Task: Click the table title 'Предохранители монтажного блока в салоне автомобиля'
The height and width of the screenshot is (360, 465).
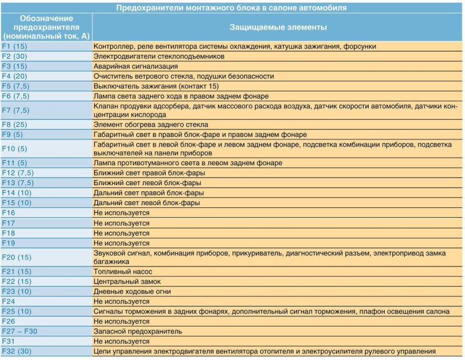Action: [232, 7]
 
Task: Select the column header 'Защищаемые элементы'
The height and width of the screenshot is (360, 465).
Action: [278, 27]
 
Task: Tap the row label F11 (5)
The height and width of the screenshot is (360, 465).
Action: [14, 163]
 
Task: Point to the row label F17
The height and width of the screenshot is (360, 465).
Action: [8, 223]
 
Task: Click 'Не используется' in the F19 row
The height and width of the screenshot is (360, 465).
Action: [122, 243]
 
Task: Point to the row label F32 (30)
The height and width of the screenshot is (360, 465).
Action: [17, 351]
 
